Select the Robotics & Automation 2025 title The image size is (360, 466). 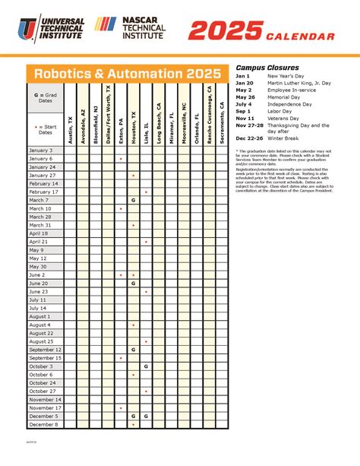pos(126,74)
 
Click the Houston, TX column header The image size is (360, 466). pos(133,114)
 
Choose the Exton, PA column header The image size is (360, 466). pos(121,114)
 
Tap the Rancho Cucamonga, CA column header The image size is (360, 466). pos(209,114)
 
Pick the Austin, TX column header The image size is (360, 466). pos(71,114)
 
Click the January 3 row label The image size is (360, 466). pos(41,151)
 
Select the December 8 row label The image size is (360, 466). pos(43,424)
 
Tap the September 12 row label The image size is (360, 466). pos(45,350)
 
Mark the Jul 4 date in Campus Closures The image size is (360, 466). pos(243,104)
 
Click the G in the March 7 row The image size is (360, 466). pos(133,200)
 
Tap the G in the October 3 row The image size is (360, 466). pos(146,366)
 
